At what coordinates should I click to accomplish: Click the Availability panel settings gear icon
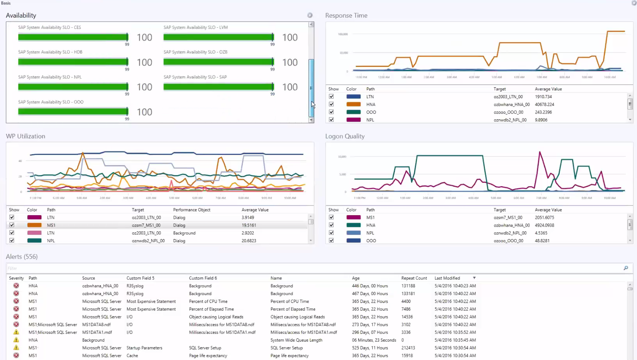point(310,15)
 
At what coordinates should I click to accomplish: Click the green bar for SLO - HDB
point(73,62)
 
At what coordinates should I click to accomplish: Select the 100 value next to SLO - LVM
point(290,38)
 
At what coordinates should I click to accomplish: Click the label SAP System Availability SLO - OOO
point(51,102)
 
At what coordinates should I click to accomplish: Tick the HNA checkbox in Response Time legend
point(331,104)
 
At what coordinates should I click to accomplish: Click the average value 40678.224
point(544,104)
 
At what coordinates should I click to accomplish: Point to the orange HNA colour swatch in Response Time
point(353,104)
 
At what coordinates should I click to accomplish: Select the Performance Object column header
point(192,210)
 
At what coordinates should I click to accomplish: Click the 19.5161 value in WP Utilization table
point(249,225)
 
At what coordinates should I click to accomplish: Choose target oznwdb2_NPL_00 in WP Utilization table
point(148,241)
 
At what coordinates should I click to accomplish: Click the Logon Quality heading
point(345,136)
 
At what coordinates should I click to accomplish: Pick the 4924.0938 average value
point(544,225)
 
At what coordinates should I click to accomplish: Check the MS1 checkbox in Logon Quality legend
point(331,218)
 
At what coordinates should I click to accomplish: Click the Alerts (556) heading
point(22,257)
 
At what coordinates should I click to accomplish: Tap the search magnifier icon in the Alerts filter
point(626,268)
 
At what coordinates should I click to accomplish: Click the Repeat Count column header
point(414,278)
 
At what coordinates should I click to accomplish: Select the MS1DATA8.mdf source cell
point(96,325)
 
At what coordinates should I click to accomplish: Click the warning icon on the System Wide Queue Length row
point(16,340)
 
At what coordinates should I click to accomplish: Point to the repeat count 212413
point(408,348)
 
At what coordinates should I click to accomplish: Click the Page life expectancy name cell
point(289,356)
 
